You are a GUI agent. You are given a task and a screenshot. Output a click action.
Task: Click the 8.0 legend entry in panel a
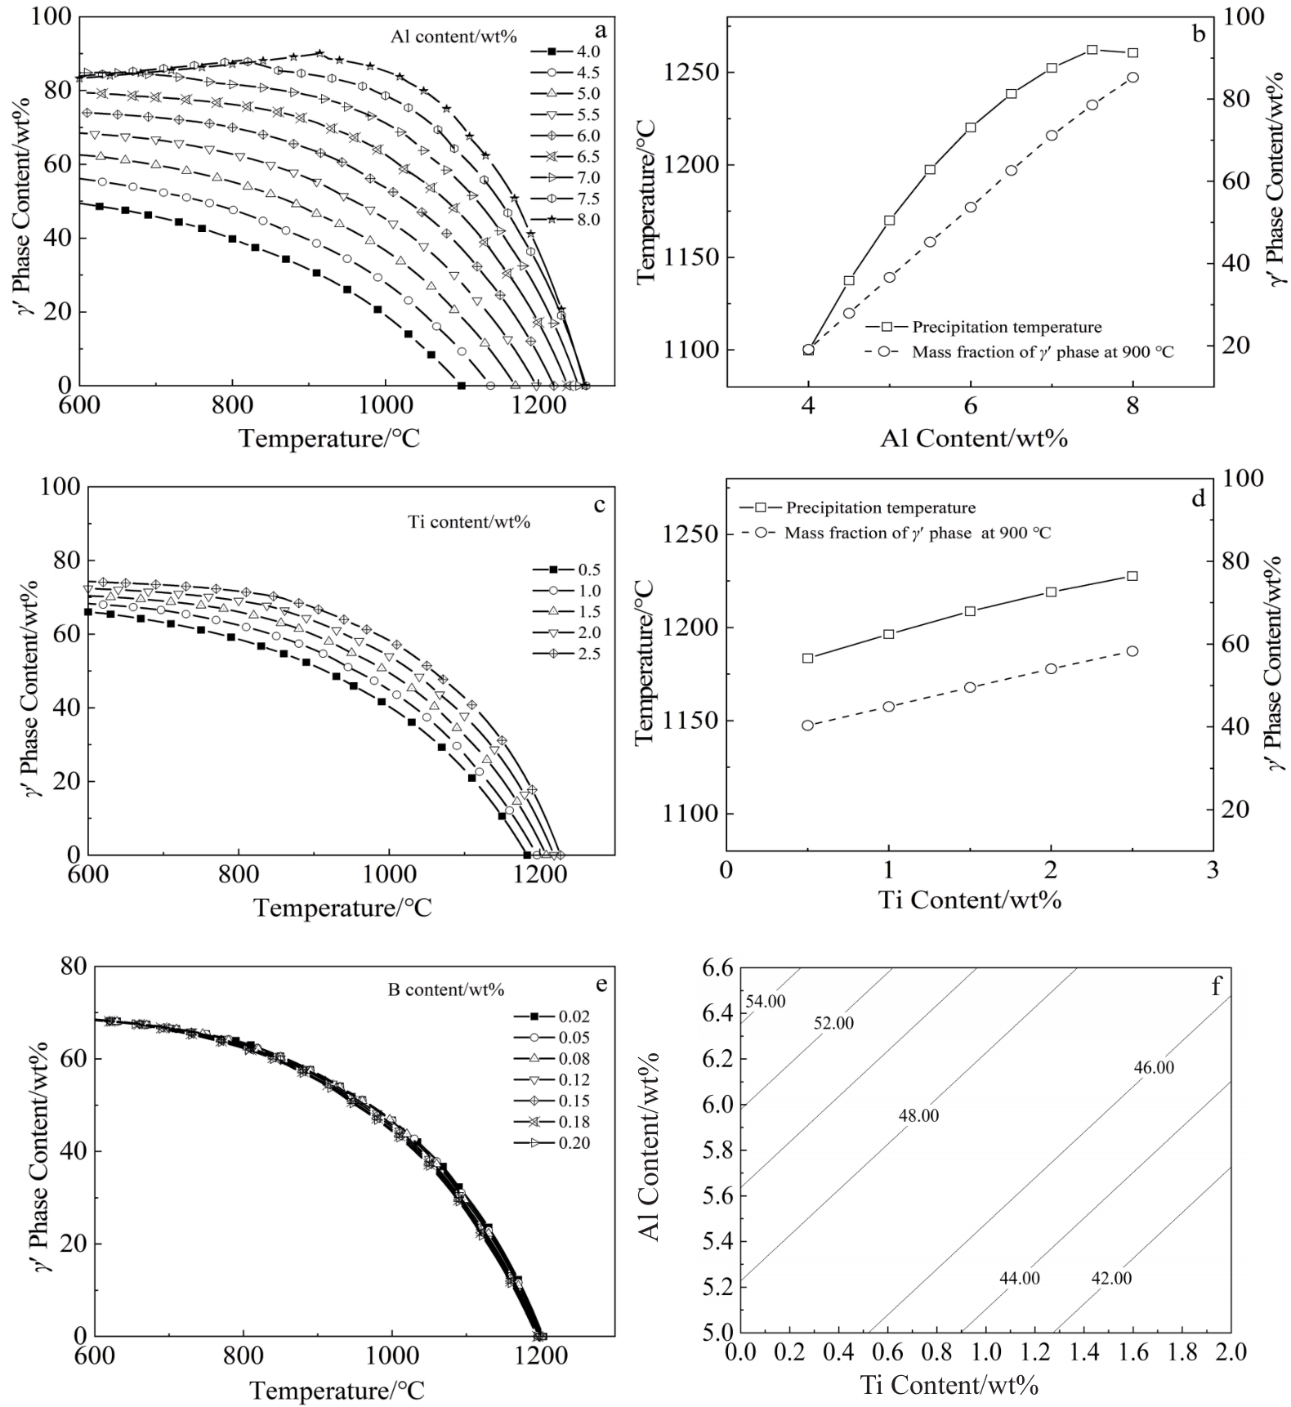point(587,220)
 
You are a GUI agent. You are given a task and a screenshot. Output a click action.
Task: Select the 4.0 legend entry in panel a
point(587,51)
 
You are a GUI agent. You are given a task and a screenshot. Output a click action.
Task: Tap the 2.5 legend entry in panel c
point(588,654)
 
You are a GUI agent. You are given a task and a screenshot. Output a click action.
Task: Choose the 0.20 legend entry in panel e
point(574,1143)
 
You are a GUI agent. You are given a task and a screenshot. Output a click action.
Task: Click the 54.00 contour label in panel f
point(766,1001)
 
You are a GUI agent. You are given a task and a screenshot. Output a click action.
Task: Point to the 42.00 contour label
point(1111,1278)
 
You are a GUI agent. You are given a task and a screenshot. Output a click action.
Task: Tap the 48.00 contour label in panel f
point(918,1115)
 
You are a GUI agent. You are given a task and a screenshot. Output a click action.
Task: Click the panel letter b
point(1199,33)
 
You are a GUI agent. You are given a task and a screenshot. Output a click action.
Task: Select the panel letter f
point(1216,987)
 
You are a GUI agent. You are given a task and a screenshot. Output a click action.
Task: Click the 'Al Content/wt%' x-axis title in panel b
point(974,438)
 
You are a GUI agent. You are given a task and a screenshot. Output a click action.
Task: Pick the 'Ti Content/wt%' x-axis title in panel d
point(970,900)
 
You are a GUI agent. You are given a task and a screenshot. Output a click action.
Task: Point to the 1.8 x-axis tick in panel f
point(1181,1353)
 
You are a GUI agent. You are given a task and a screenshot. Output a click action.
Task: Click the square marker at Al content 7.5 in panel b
point(1092,50)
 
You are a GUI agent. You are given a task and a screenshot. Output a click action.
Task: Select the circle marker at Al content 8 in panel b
point(1132,78)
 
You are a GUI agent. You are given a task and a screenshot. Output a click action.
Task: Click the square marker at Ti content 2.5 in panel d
point(1132,576)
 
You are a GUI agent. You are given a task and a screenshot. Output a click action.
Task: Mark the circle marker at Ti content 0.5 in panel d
point(808,725)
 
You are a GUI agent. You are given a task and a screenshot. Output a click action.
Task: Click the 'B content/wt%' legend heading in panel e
point(445,989)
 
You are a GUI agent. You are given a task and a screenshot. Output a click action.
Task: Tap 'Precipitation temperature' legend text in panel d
point(880,508)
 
